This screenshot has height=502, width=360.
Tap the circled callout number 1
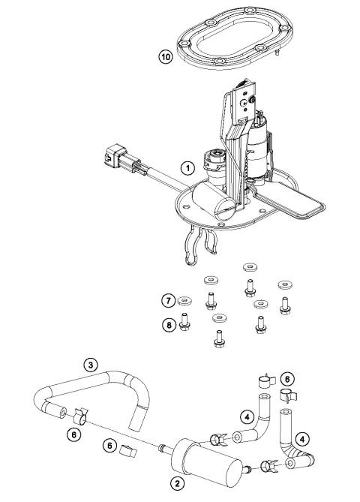coord(188,167)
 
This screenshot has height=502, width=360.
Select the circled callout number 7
coord(169,302)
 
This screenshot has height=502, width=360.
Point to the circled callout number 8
coord(169,324)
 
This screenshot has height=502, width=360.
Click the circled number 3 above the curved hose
coord(90,365)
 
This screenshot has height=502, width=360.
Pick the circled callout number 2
coord(177,482)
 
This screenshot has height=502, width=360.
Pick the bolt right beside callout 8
coord(187,325)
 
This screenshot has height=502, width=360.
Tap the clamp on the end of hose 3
coord(82,412)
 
